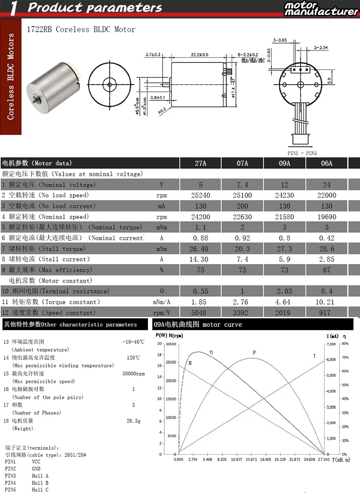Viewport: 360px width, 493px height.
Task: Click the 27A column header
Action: [200, 163]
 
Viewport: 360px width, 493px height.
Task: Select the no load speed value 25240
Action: [200, 195]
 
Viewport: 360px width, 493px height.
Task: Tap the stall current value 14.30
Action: [200, 259]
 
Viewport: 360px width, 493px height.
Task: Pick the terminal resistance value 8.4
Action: [327, 291]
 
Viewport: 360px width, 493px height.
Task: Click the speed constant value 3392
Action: [242, 312]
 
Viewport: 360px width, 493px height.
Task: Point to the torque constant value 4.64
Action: [284, 302]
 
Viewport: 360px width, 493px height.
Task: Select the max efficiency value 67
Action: [327, 270]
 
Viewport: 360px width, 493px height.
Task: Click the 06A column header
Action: [327, 163]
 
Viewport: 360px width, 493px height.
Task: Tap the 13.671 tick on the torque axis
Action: [251, 459]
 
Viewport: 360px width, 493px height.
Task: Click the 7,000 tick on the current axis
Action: [330, 344]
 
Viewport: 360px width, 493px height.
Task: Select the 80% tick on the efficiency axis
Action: [345, 344]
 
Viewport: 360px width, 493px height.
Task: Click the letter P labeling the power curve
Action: [254, 353]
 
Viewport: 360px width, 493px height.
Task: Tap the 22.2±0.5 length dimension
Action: [199, 54]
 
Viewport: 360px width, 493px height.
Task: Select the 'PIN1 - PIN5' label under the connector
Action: [302, 153]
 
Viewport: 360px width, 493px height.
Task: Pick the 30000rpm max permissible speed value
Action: [133, 374]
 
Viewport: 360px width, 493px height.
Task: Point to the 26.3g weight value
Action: [133, 421]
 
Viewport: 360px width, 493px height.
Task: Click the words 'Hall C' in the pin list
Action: [40, 490]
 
